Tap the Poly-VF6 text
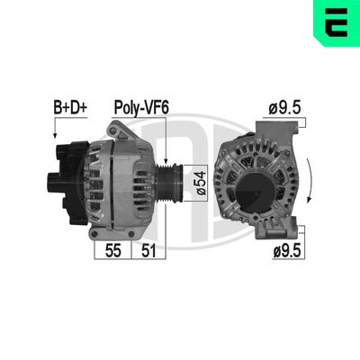pos(141,108)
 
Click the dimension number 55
pos(112,251)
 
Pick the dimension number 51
pos(148,251)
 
